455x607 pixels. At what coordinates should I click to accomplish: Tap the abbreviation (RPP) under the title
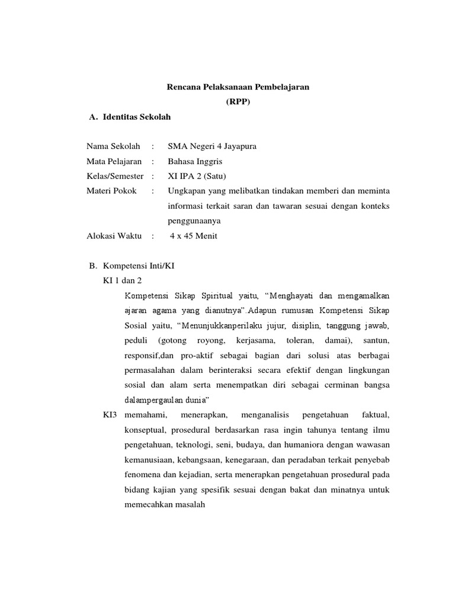pyautogui.click(x=238, y=102)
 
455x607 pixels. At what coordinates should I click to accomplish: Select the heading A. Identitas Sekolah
pyautogui.click(x=129, y=117)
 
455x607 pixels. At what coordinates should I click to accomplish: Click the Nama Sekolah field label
pyautogui.click(x=113, y=146)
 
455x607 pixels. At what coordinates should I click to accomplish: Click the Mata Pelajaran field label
pyautogui.click(x=114, y=161)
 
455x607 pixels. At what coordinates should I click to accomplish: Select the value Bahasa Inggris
pyautogui.click(x=196, y=161)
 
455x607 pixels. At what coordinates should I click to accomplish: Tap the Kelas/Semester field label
pyautogui.click(x=115, y=176)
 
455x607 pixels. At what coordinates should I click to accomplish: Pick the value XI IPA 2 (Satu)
pyautogui.click(x=197, y=176)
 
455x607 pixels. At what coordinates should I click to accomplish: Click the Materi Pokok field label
pyautogui.click(x=111, y=191)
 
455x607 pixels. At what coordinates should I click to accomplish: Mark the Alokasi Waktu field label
pyautogui.click(x=114, y=235)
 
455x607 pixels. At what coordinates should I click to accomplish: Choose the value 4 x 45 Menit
pyautogui.click(x=194, y=235)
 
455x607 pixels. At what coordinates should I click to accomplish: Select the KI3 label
pyautogui.click(x=110, y=414)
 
